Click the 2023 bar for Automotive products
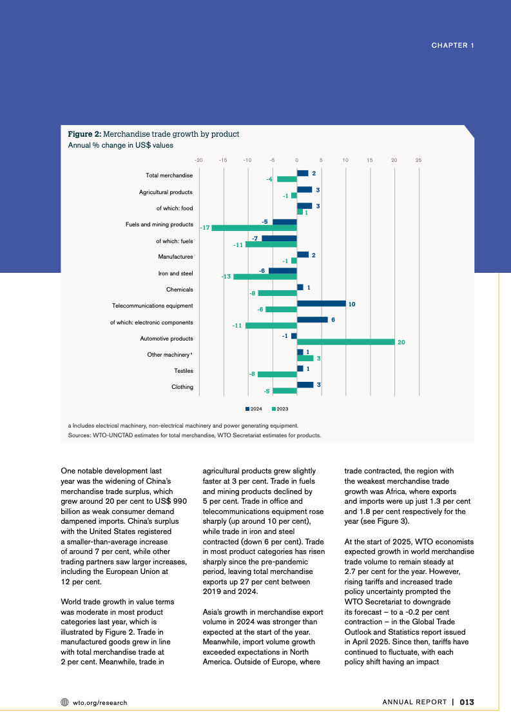(x=345, y=342)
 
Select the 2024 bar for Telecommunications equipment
(x=321, y=303)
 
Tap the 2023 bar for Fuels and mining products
(x=254, y=228)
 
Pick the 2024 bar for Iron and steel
(x=283, y=271)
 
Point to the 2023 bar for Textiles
(x=277, y=374)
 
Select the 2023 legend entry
(x=280, y=409)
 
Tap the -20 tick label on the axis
(x=198, y=159)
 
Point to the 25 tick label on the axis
(x=419, y=159)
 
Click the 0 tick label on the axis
(x=297, y=159)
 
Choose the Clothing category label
(x=182, y=387)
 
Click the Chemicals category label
(x=180, y=290)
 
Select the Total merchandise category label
(x=169, y=175)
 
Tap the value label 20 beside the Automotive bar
(x=401, y=342)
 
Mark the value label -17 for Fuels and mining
(x=205, y=228)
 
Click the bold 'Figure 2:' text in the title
(x=84, y=134)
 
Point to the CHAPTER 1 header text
(x=452, y=45)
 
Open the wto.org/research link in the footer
(x=100, y=702)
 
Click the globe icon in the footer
(x=64, y=702)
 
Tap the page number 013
(x=467, y=702)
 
